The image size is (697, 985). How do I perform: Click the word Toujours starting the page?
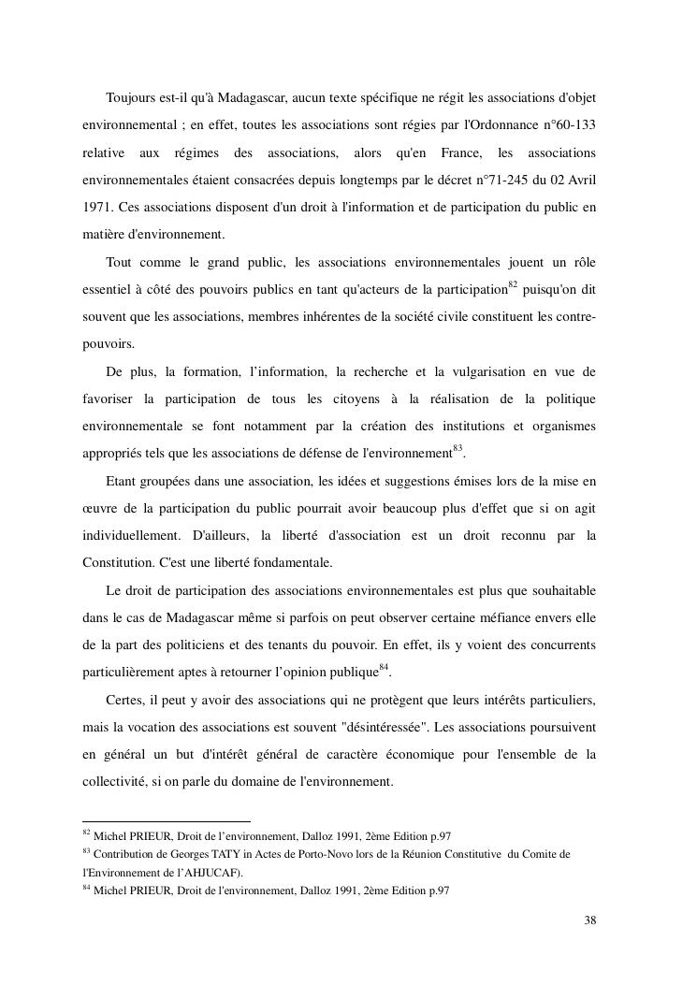point(133,98)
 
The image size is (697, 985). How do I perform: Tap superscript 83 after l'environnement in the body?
point(457,450)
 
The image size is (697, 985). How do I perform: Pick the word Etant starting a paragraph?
point(123,482)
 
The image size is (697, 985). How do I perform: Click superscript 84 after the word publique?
point(383,668)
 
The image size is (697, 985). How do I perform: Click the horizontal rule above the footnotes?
point(167,821)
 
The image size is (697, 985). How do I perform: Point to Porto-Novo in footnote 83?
point(315,854)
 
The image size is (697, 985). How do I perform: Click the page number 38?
point(589,920)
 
